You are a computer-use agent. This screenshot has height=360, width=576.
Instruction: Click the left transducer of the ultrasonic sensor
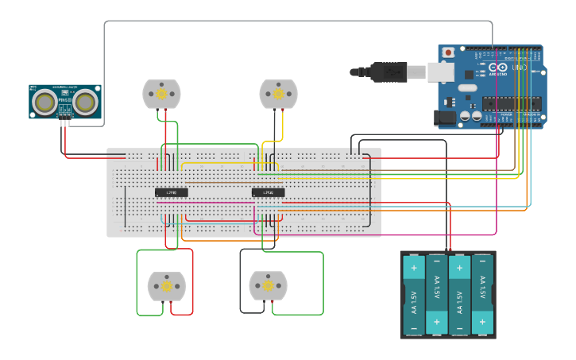tap(45, 101)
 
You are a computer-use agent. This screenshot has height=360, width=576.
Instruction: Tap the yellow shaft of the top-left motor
tap(161, 95)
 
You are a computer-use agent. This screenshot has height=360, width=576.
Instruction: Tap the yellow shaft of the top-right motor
tap(278, 94)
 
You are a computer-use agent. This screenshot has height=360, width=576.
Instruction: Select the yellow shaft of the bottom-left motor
tap(167, 286)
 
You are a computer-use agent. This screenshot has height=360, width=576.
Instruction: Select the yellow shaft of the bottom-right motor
tap(268, 286)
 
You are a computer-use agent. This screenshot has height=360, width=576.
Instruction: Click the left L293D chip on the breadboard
tap(171, 192)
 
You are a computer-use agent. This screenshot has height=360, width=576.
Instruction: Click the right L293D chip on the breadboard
tap(268, 192)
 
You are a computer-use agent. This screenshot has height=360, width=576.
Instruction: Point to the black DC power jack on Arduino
tap(447, 118)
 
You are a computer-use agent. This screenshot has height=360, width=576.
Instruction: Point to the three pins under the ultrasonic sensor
tap(64, 122)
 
